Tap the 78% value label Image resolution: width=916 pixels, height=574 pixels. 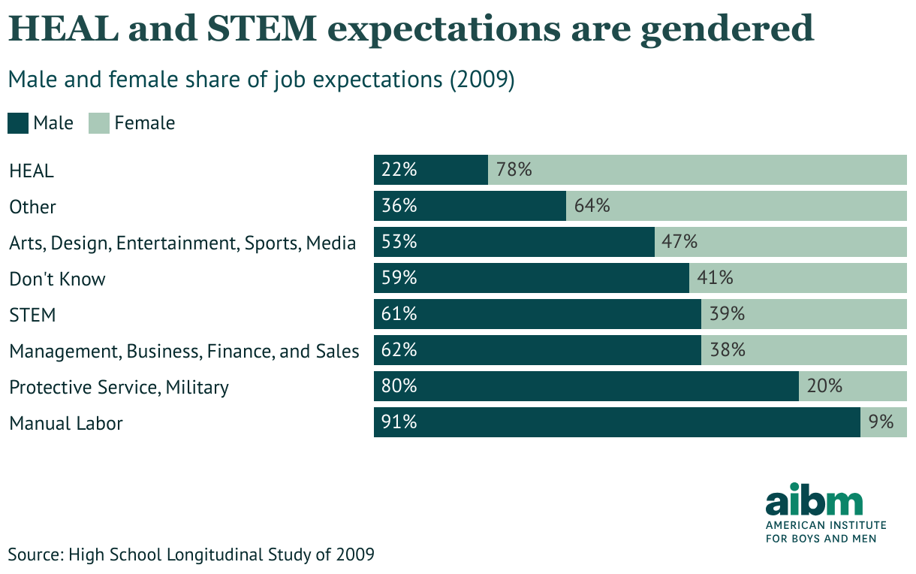(514, 170)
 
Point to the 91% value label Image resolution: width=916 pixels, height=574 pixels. (399, 422)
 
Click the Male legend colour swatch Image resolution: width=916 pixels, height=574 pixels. (18, 123)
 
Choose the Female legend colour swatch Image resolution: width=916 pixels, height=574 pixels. (99, 123)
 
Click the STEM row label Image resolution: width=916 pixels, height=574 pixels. (32, 315)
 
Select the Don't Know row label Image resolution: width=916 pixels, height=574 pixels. (57, 279)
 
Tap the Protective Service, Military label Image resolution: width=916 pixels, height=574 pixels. (119, 387)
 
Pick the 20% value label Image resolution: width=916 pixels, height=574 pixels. (824, 386)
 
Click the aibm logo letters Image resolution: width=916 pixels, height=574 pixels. (814, 500)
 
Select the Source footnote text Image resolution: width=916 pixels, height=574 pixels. (191, 555)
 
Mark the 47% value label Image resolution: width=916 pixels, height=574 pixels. (679, 242)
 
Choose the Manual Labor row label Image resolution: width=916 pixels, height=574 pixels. (66, 423)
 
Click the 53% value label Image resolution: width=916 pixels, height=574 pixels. (399, 242)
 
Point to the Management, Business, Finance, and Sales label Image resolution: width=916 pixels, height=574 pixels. (184, 351)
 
